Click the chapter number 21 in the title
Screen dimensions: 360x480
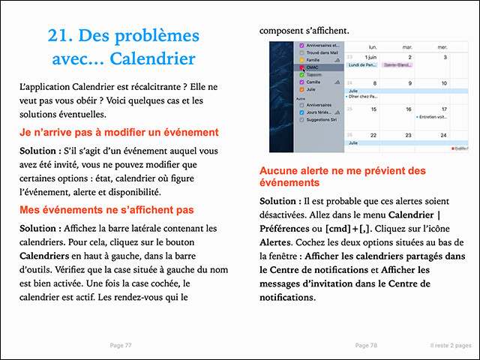pyautogui.click(x=60, y=35)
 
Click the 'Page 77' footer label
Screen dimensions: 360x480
pyautogui.click(x=120, y=345)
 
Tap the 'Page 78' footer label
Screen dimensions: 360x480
pyautogui.click(x=366, y=345)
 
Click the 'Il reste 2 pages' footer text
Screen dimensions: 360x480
pyautogui.click(x=445, y=345)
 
